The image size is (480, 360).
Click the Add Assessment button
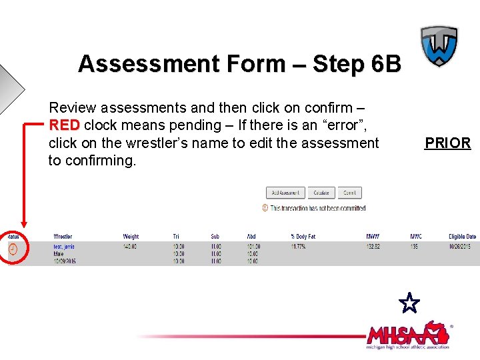tap(285, 193)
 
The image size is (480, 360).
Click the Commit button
tap(349, 193)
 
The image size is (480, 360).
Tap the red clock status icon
tap(13, 249)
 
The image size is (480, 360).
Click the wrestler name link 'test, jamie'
tap(64, 247)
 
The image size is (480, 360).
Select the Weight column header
tap(131, 237)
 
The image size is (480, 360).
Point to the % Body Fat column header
tap(303, 237)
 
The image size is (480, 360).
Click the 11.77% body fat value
tap(299, 247)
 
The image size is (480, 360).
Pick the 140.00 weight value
tap(131, 247)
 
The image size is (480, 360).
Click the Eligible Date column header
tap(462, 237)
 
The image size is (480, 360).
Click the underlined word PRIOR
tap(447, 143)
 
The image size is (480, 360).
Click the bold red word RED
tap(64, 125)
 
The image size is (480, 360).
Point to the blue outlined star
tap(409, 303)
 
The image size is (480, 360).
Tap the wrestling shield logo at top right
tap(439, 46)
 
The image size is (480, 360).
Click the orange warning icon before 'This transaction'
tap(265, 208)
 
